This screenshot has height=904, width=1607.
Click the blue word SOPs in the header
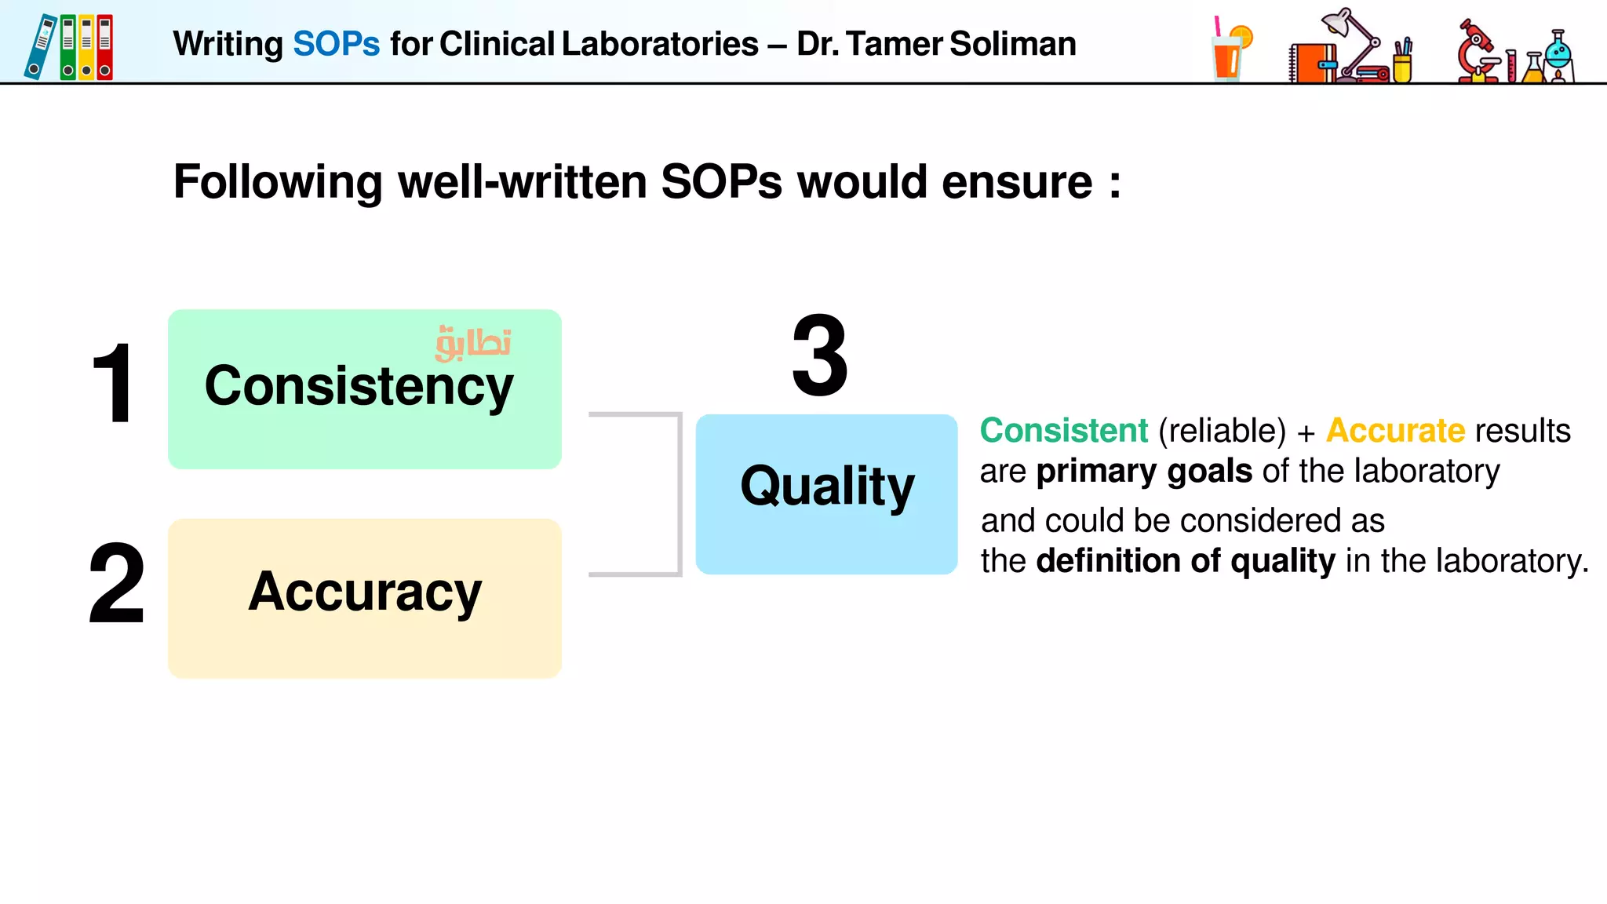(x=336, y=44)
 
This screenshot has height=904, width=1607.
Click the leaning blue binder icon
(x=40, y=47)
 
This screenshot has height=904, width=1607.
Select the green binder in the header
(x=68, y=47)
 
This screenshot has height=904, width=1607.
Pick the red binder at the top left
(x=105, y=47)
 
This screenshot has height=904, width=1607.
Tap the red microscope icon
(x=1477, y=51)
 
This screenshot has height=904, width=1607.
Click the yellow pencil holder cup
(x=1402, y=66)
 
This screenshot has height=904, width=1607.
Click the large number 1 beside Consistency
(x=113, y=385)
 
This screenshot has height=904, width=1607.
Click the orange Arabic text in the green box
(x=474, y=343)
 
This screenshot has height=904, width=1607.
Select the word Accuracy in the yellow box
(x=365, y=592)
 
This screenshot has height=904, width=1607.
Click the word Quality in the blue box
(x=827, y=487)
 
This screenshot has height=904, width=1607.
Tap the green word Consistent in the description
(x=1063, y=430)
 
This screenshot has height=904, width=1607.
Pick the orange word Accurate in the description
(x=1395, y=430)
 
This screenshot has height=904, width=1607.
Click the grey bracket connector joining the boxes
(x=679, y=494)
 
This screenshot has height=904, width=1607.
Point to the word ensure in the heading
(x=1017, y=182)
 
